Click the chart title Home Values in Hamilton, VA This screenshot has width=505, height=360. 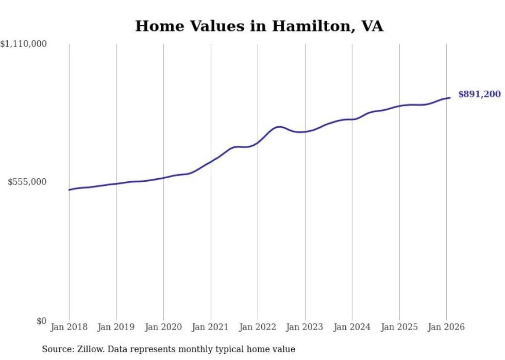[259, 26]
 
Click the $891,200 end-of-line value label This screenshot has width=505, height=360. [479, 94]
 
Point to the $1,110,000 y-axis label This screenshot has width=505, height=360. [24, 45]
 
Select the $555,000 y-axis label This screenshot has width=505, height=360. [27, 182]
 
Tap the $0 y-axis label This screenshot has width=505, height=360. [41, 321]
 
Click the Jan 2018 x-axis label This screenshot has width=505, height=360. [69, 327]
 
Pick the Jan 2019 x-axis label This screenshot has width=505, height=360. [116, 327]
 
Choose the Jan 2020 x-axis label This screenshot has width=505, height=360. [163, 327]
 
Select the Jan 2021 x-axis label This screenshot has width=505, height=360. [210, 327]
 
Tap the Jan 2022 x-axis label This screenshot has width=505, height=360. [258, 327]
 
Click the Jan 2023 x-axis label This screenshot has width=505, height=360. [305, 327]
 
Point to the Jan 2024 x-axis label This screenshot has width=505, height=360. [352, 327]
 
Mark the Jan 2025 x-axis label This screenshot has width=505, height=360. [399, 327]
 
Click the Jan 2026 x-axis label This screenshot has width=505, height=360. [446, 327]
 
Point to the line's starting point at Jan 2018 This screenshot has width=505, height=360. [69, 190]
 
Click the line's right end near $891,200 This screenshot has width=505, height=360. [450, 98]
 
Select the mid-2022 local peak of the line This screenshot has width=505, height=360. [279, 126]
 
